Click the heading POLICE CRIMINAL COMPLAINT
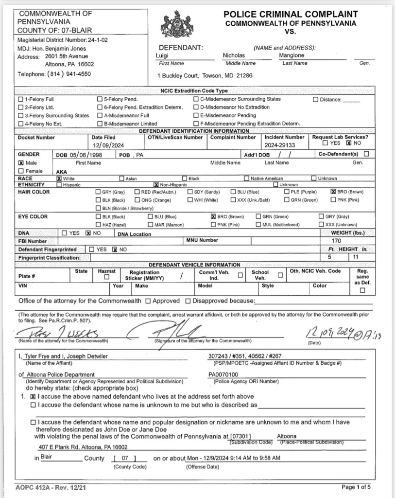pyautogui.click(x=291, y=14)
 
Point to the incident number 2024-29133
pyautogui.click(x=280, y=145)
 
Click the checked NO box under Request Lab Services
pyautogui.click(x=348, y=143)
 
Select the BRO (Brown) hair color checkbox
pyautogui.click(x=333, y=192)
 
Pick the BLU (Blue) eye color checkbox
pyautogui.click(x=150, y=216)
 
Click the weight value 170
pyautogui.click(x=336, y=241)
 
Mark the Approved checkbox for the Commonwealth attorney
pyautogui.click(x=148, y=301)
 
